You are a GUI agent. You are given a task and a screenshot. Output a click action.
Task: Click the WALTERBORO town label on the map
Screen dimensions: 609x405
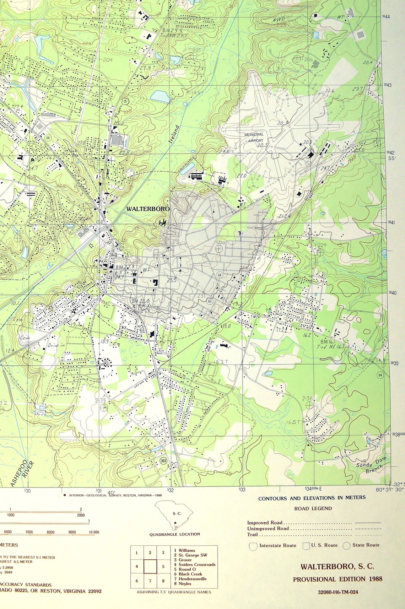[x=148, y=209]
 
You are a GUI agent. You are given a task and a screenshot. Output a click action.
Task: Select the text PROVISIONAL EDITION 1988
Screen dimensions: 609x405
[x=337, y=579]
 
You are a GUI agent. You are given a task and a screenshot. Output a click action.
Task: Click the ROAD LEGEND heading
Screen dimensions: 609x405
[x=313, y=508]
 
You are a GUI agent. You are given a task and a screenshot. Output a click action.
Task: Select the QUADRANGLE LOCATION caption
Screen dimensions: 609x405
[x=174, y=534]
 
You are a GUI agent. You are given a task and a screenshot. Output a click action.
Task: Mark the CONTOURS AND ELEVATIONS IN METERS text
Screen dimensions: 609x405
[x=312, y=498]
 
